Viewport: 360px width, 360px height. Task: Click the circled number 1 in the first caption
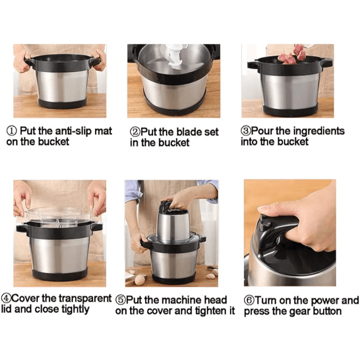click(x=11, y=131)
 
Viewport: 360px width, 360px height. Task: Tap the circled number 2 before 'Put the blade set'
click(x=135, y=132)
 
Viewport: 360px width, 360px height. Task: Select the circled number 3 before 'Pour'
click(x=245, y=131)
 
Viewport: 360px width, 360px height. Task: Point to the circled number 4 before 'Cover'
click(x=6, y=298)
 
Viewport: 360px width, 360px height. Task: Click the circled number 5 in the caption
click(x=120, y=300)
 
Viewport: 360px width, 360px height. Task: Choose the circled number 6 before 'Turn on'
click(x=249, y=300)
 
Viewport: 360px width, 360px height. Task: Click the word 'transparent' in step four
click(x=85, y=298)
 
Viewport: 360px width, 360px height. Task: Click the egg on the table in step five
click(x=139, y=280)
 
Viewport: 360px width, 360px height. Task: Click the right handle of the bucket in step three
click(x=325, y=62)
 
